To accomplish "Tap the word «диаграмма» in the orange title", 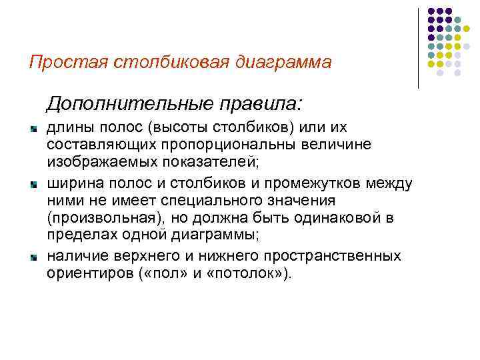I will coord(281,62).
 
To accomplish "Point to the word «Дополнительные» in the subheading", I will coord(124,103).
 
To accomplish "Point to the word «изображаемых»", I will coord(90,161).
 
